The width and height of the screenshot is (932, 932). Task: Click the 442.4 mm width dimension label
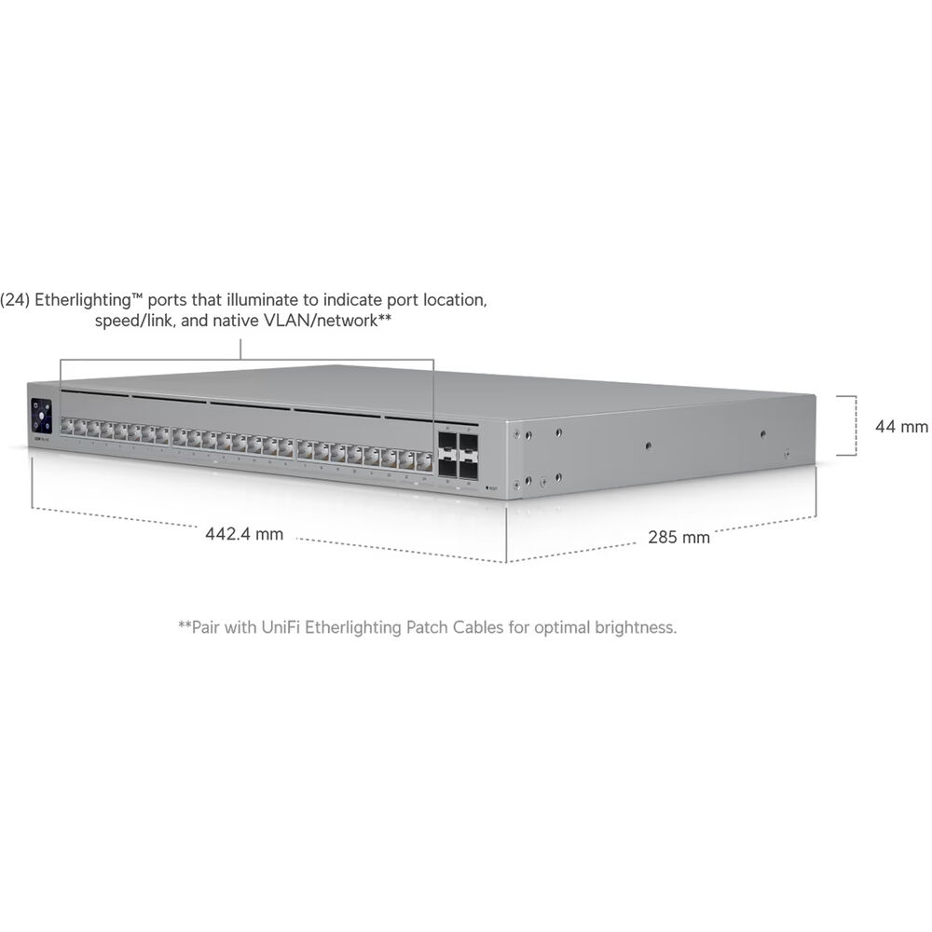pos(243,534)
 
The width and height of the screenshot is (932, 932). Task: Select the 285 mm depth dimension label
pos(678,538)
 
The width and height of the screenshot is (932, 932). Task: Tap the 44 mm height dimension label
pos(901,426)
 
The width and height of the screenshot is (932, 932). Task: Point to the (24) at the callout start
pos(15,300)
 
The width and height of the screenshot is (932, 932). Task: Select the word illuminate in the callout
pos(269,299)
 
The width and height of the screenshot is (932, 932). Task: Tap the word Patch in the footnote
pos(427,627)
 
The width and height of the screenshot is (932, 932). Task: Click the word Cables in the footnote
pos(478,627)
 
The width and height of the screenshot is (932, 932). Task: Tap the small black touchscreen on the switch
pos(41,416)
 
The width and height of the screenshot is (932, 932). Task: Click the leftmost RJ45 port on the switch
pos(66,426)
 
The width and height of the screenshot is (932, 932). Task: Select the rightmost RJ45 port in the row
pos(424,461)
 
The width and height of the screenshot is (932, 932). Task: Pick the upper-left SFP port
pos(447,442)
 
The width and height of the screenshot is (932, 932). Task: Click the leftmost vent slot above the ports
pos(94,393)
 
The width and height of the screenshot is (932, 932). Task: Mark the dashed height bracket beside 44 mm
pos(856,426)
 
